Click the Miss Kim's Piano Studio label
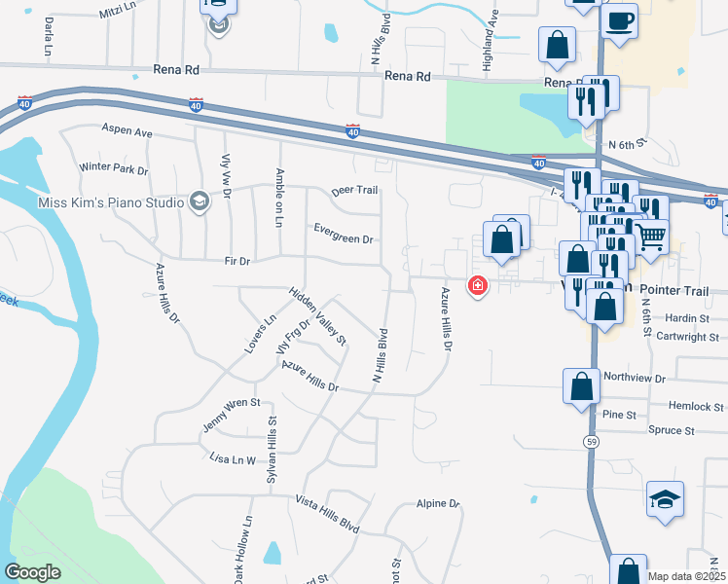pyautogui.click(x=109, y=202)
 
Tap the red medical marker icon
pyautogui.click(x=477, y=285)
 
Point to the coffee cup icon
pyautogui.click(x=620, y=19)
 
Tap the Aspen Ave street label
pyautogui.click(x=128, y=129)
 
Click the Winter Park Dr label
pyautogui.click(x=113, y=168)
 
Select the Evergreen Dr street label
pyautogui.click(x=343, y=234)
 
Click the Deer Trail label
pyautogui.click(x=353, y=191)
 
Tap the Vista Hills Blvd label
pyautogui.click(x=326, y=515)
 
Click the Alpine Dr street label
pyautogui.click(x=437, y=503)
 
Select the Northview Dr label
pyautogui.click(x=634, y=378)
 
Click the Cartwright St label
pyautogui.click(x=687, y=337)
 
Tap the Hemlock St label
pyautogui.click(x=696, y=407)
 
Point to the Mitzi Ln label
pyautogui.click(x=120, y=13)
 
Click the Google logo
pyautogui.click(x=32, y=572)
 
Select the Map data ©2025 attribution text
pyautogui.click(x=686, y=576)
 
